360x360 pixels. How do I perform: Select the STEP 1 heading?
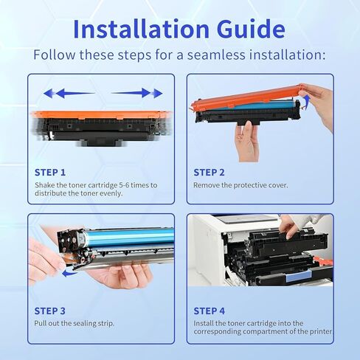coord(51,172)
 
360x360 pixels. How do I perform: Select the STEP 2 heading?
coord(209,172)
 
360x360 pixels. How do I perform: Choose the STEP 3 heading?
coord(51,311)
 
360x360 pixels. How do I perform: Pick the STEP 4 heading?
coord(209,311)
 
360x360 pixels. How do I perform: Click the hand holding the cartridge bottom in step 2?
coord(249,138)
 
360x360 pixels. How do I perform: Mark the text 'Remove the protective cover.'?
coord(240,185)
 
